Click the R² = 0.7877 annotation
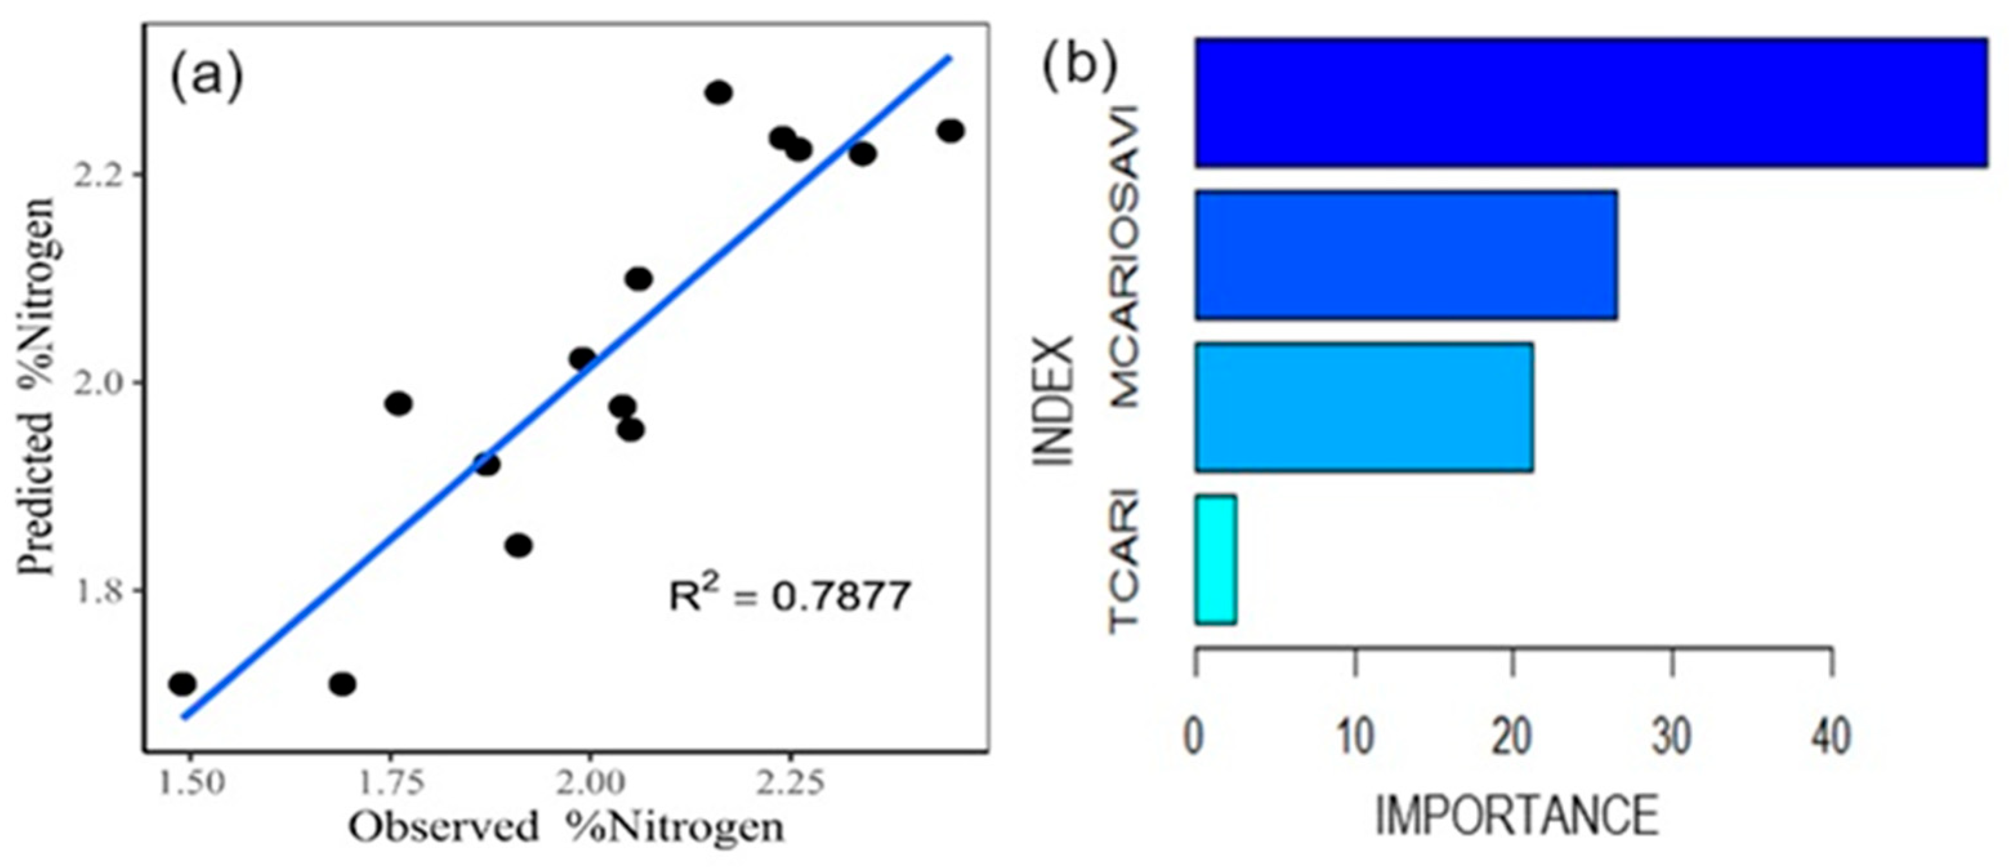[789, 597]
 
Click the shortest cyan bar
[1215, 560]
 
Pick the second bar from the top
[1405, 255]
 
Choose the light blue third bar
[1363, 407]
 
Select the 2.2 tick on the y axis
[97, 175]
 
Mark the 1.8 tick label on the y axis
[97, 590]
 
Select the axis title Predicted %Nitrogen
[37, 386]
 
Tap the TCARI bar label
[1125, 559]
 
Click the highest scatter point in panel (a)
[718, 92]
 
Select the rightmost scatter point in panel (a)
[950, 130]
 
